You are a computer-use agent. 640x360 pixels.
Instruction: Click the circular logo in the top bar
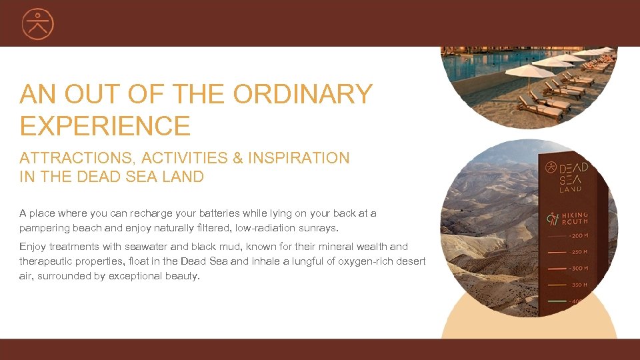tap(37, 24)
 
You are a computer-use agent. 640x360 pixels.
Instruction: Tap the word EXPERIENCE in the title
tap(105, 125)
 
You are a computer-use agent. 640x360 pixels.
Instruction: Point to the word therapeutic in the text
tap(47, 261)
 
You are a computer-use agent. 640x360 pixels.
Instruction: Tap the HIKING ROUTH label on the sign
tap(575, 218)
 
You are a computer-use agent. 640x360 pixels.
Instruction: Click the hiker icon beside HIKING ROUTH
tap(552, 218)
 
